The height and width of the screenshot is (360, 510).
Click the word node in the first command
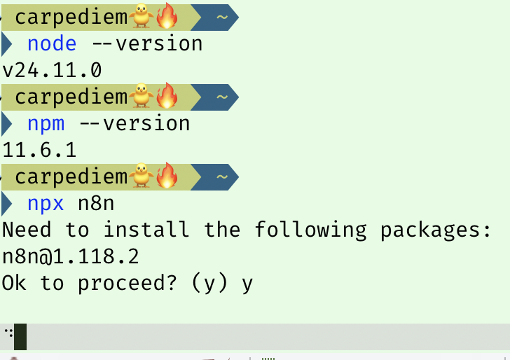coord(52,44)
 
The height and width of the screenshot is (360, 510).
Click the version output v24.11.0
coord(53,71)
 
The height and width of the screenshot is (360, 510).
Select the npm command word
coord(46,124)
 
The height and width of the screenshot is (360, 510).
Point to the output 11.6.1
coord(40,151)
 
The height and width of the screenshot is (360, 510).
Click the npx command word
coord(46,204)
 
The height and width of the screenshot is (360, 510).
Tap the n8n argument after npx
coord(96,204)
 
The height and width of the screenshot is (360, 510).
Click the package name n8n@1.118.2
coord(71,257)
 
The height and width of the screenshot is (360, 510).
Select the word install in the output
coord(146,230)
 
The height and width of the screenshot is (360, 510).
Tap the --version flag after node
coord(146,44)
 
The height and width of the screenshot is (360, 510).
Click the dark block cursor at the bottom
coord(20,337)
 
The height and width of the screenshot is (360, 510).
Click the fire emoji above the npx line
coord(167,176)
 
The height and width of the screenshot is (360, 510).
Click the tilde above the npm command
coord(221,97)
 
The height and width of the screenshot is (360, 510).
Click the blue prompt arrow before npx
coord(7,204)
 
